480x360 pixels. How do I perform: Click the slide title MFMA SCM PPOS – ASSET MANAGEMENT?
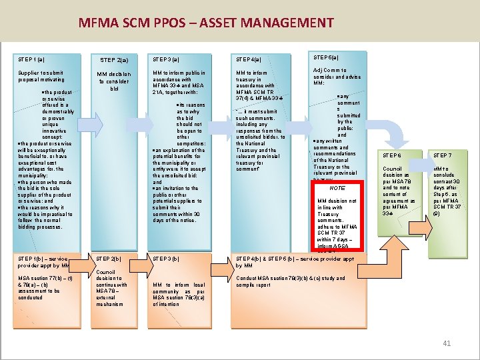(205, 23)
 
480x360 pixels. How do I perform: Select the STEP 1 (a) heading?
(32, 59)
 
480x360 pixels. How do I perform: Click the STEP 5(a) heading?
(329, 57)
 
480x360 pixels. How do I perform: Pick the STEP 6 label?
(392, 155)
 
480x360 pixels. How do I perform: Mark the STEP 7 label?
(442, 155)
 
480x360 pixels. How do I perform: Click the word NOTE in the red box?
(337, 189)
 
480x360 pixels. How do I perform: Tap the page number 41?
(447, 343)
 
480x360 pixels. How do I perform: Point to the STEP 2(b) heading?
(109, 258)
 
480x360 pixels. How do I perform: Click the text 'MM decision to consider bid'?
(114, 81)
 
